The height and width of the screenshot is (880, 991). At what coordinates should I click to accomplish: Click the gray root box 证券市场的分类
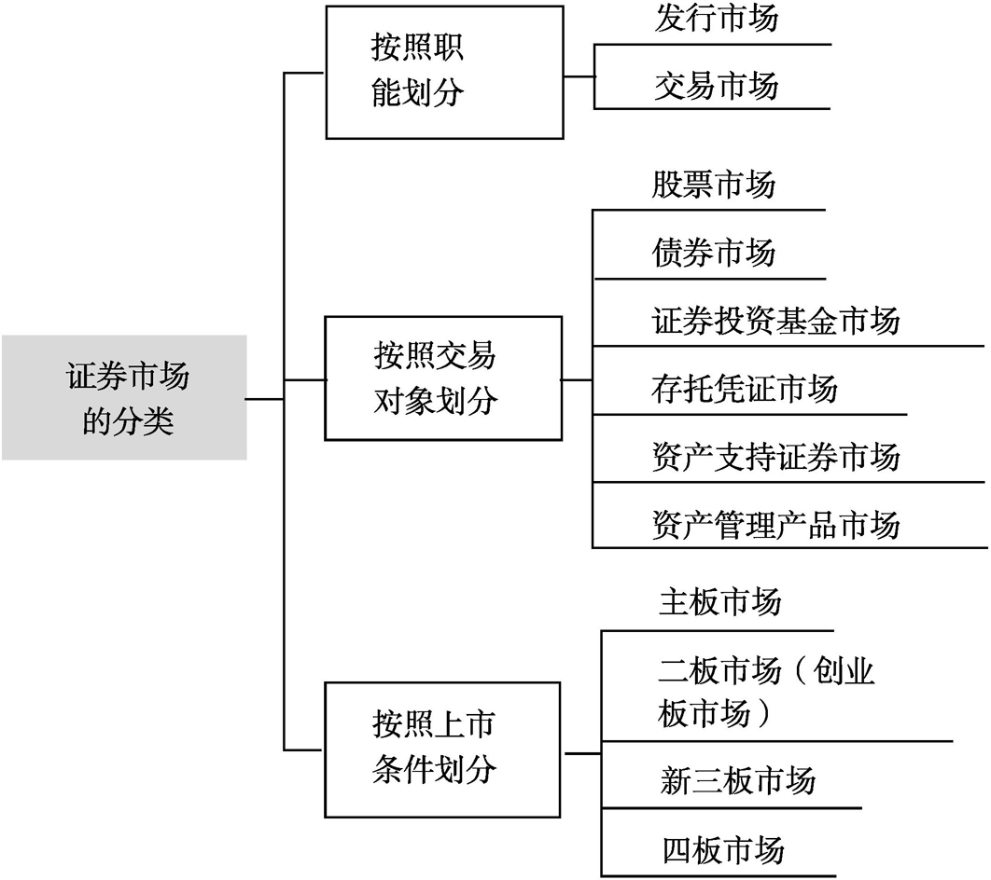tap(124, 397)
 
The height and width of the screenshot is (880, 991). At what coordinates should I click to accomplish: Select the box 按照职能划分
tap(444, 73)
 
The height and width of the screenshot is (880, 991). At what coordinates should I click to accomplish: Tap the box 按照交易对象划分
tap(443, 378)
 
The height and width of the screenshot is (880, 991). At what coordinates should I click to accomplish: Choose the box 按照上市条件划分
tap(442, 749)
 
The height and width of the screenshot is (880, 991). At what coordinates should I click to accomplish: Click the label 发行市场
tap(716, 18)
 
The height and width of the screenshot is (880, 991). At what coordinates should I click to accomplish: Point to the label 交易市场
tap(716, 85)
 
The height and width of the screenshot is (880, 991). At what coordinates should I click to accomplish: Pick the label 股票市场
tap(714, 185)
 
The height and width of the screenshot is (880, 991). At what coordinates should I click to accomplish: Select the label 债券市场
tap(714, 253)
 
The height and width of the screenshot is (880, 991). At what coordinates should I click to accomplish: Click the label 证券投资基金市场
tap(775, 321)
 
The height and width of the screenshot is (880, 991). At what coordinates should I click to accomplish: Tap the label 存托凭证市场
tap(745, 388)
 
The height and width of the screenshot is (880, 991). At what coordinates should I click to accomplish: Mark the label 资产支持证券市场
tap(775, 457)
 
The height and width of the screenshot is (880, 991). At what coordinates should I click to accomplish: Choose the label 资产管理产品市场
tap(775, 525)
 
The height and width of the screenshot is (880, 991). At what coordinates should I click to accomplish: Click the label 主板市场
tap(719, 601)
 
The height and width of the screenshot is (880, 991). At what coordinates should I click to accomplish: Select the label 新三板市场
tap(737, 780)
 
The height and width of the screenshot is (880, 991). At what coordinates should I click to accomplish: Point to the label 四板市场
tap(724, 849)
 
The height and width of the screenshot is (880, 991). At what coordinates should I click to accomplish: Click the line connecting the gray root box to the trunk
tap(265, 399)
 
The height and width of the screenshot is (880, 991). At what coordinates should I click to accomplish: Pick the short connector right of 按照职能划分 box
tap(579, 77)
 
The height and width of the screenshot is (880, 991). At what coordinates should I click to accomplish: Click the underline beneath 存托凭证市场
tap(749, 415)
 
